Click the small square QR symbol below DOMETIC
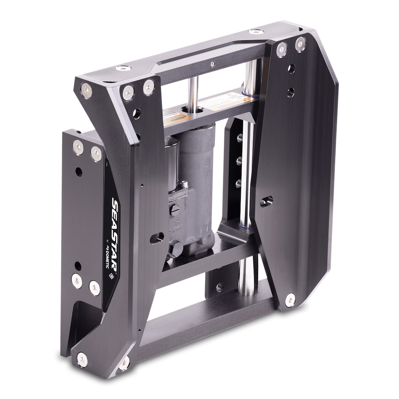[110, 276]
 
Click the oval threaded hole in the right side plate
[266, 201]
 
